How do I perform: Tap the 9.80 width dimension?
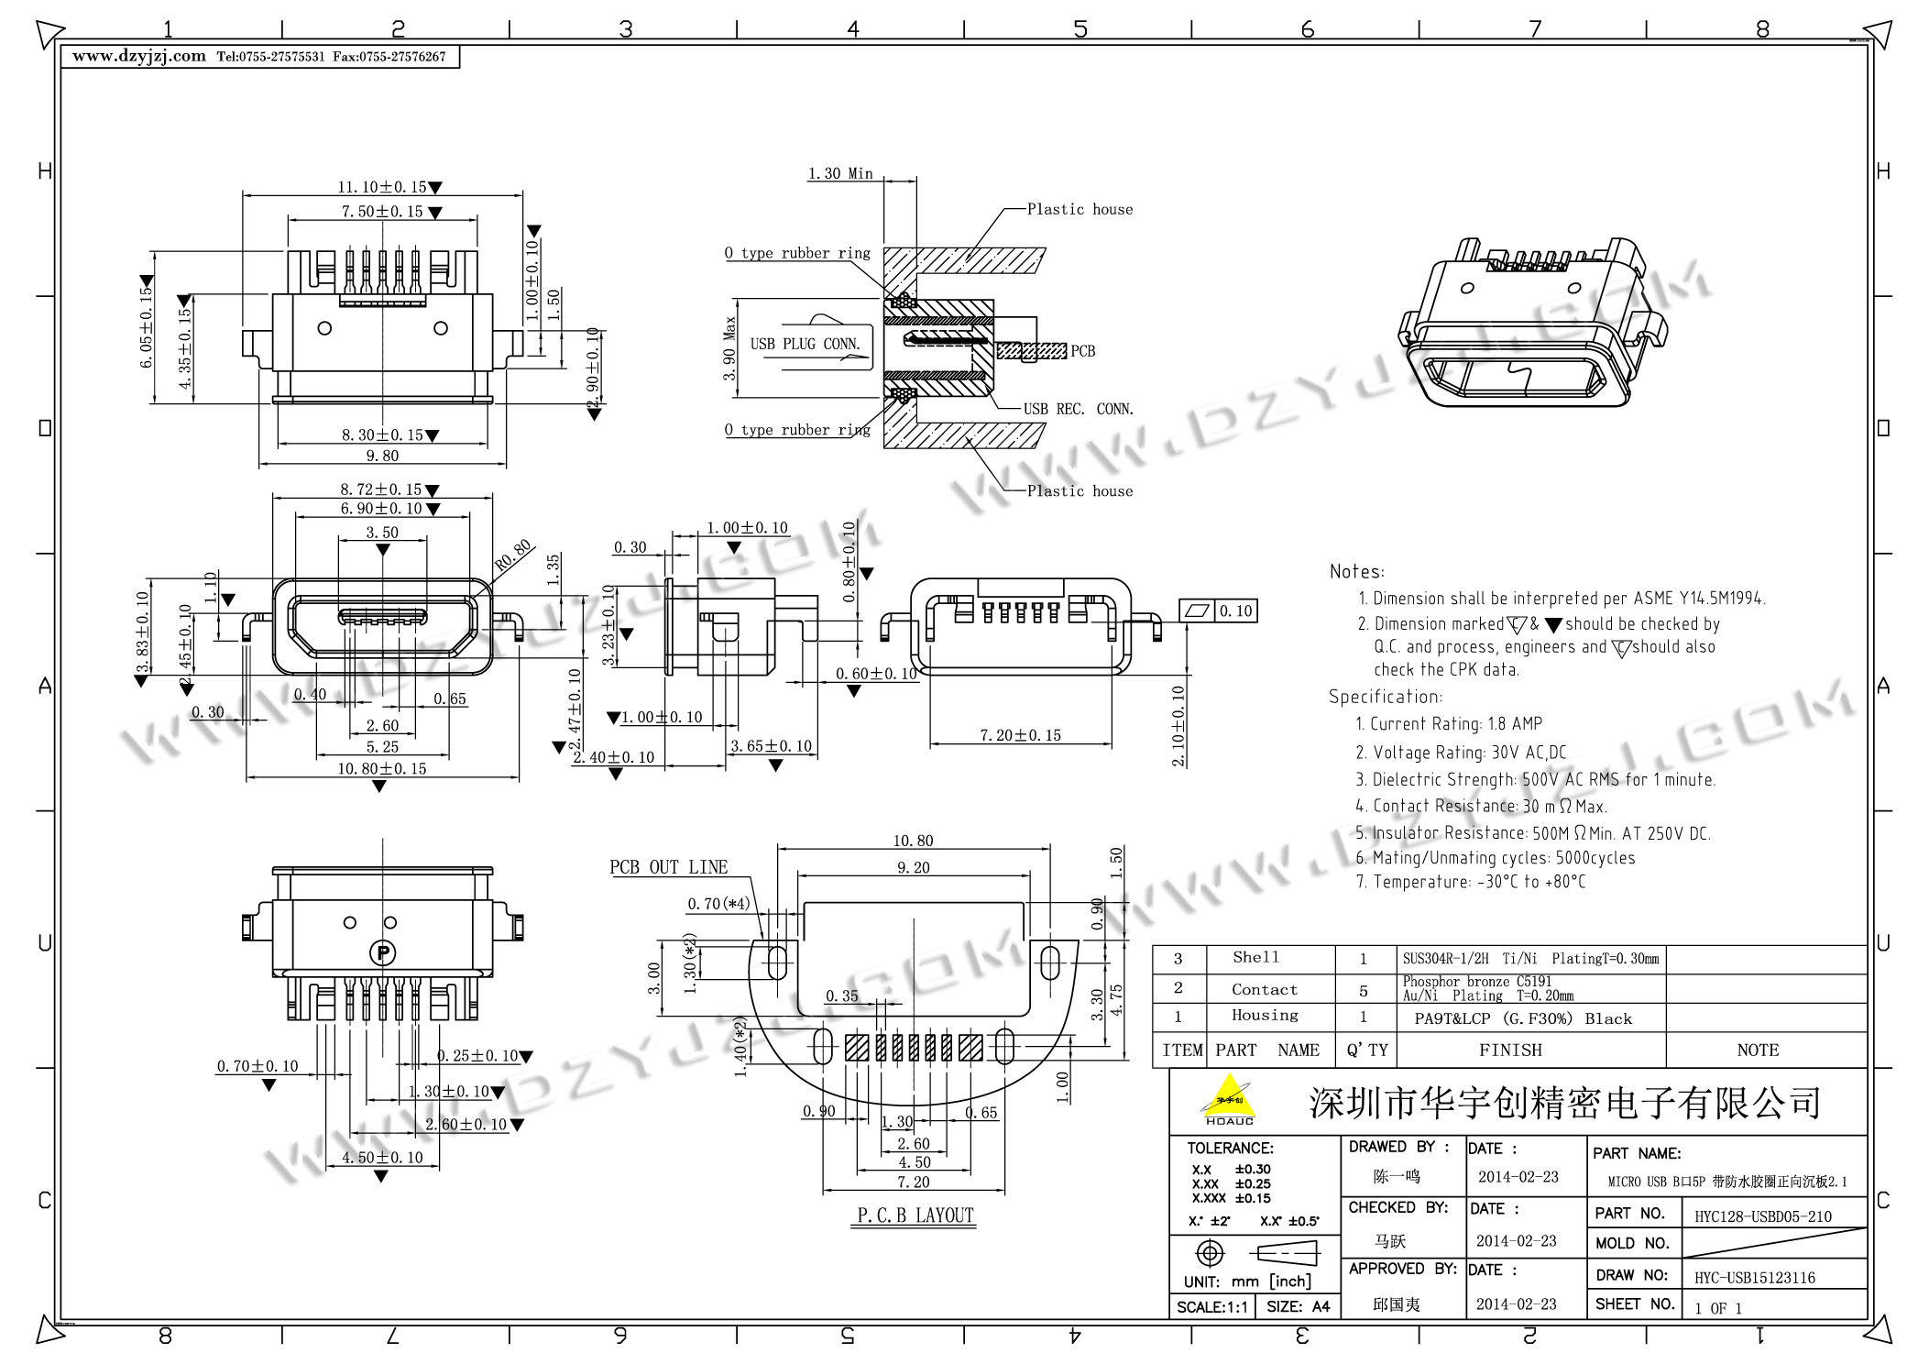(382, 456)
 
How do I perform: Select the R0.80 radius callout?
(513, 555)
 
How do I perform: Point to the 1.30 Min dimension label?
(839, 173)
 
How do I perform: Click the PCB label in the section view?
(1082, 351)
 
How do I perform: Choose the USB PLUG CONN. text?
(805, 345)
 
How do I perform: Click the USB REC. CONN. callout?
(1078, 409)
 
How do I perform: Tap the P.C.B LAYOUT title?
(915, 1215)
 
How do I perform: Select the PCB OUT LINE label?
(668, 867)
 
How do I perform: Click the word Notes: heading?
(1356, 572)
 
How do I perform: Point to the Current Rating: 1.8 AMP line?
(1448, 724)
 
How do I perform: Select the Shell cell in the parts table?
(1255, 958)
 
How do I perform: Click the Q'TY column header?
(1366, 1050)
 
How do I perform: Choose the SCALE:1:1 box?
(1211, 1307)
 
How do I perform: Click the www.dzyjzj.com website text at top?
(139, 56)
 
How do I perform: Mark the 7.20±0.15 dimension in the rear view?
(1020, 735)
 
